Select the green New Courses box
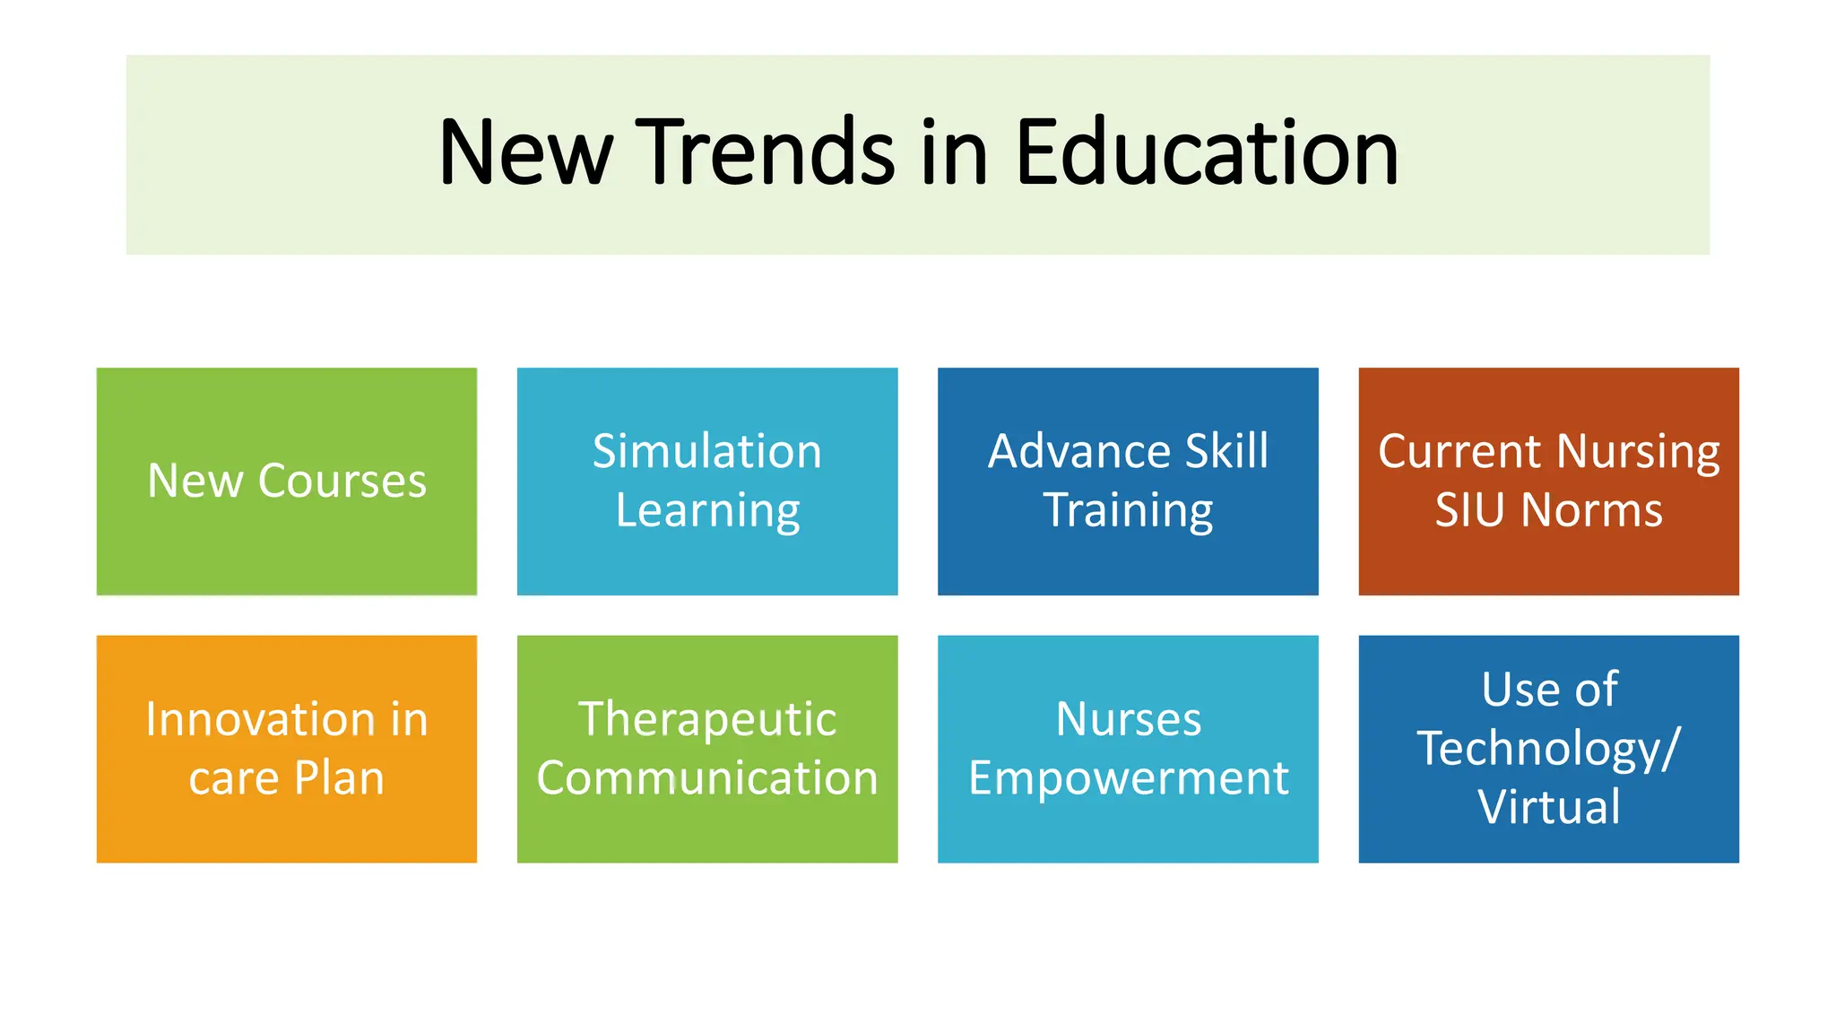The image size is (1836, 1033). pos(287,481)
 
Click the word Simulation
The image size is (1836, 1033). pos(707,451)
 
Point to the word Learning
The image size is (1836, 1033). pos(707,511)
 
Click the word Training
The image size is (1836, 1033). pos(1128,511)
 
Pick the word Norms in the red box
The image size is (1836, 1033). pos(1592,511)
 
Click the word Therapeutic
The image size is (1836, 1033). pos(707,719)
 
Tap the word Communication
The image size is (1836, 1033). pos(707,778)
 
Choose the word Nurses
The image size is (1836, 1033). pos(1128,719)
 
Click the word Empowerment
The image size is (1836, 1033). pos(1128,778)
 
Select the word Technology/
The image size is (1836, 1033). pos(1548,749)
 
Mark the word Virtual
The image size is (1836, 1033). pos(1548,807)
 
